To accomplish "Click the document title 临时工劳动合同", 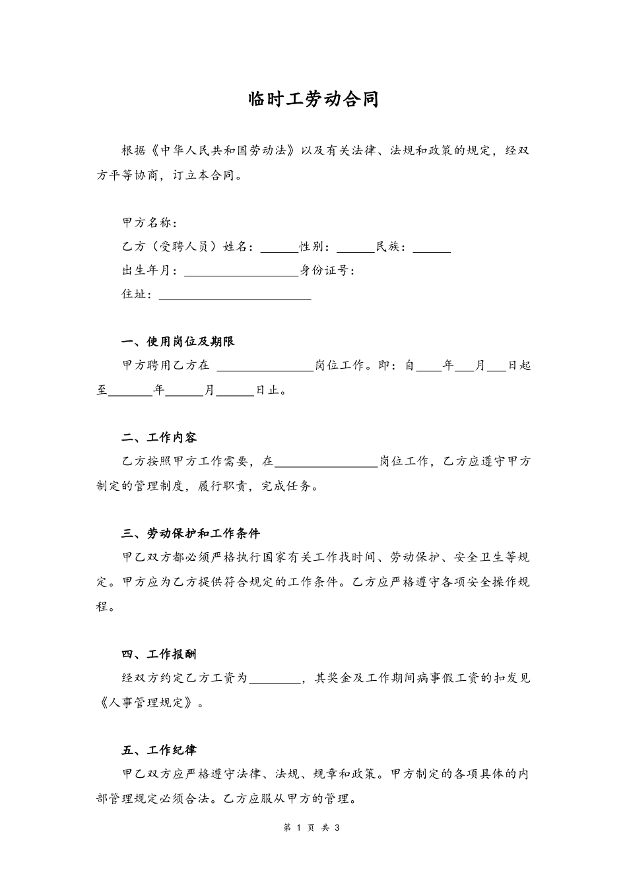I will pyautogui.click(x=313, y=100).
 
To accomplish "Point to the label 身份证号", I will pyautogui.click(x=327, y=270).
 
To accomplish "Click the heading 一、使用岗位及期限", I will pyautogui.click(x=178, y=342).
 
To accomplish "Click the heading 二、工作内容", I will pyautogui.click(x=159, y=437).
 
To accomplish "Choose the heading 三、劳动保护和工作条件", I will pyautogui.click(x=191, y=534).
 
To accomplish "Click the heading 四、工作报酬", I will pyautogui.click(x=159, y=654).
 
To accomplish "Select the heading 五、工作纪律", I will pyautogui.click(x=159, y=750).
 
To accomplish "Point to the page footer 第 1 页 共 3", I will pyautogui.click(x=311, y=828).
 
